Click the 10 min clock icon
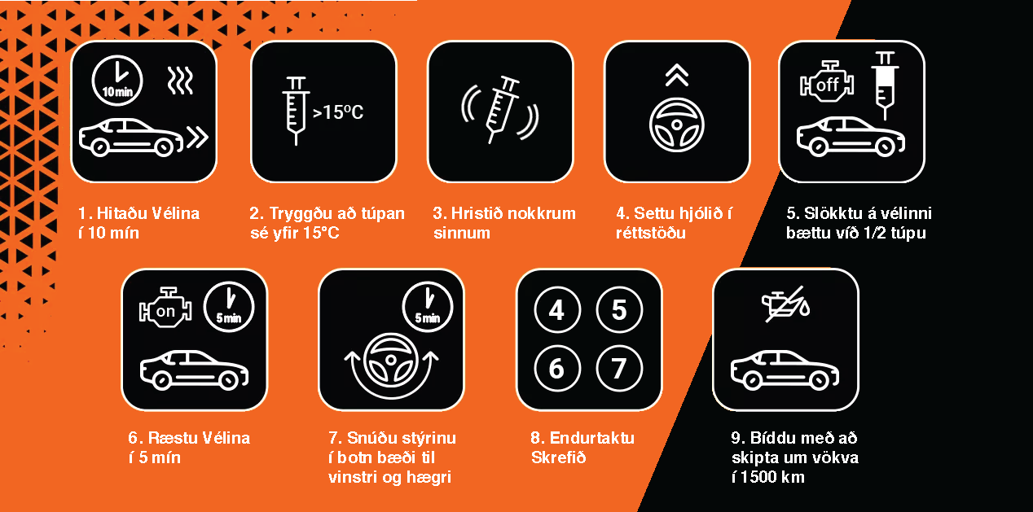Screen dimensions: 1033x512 (x=117, y=81)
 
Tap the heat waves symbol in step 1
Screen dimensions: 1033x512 (x=180, y=81)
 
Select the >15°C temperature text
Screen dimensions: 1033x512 (x=338, y=112)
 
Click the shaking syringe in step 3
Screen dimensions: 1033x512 (x=502, y=109)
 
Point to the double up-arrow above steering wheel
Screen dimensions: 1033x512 (x=676, y=76)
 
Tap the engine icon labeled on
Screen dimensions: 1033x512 (x=165, y=308)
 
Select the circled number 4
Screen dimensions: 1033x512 (x=557, y=309)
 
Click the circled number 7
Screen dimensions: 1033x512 (x=619, y=368)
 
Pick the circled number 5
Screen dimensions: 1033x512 (x=619, y=309)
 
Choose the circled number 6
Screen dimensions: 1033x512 (x=557, y=368)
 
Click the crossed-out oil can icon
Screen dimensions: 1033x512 (x=786, y=304)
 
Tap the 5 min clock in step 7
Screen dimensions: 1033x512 (x=427, y=306)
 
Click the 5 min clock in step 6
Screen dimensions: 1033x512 (x=229, y=306)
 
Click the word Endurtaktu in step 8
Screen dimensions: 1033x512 (x=592, y=438)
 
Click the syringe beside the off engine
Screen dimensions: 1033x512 (x=885, y=85)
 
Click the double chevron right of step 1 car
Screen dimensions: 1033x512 (x=197, y=138)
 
